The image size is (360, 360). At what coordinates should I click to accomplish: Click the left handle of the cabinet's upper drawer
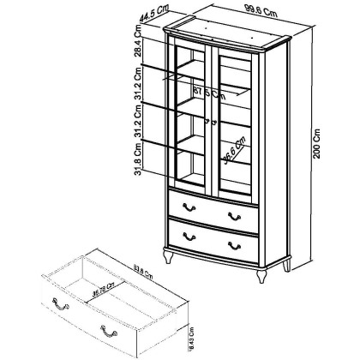pos(189,208)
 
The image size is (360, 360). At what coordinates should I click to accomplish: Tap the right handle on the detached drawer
pos(106,329)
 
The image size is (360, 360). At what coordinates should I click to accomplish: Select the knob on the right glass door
pos(214,121)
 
